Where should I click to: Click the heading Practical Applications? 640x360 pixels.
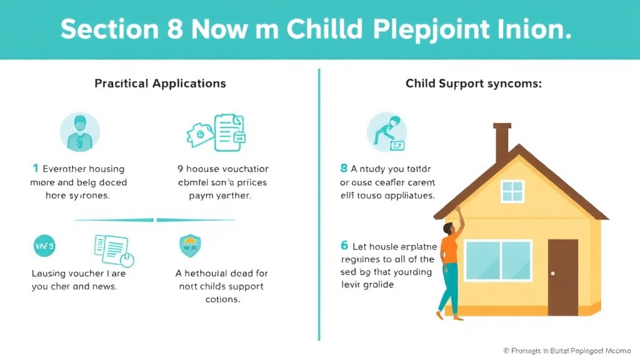160,83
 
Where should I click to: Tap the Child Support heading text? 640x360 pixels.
473,83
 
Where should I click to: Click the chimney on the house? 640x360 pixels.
502,141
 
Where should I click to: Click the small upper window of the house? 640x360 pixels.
512,191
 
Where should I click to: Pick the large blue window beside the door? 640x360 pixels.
497,261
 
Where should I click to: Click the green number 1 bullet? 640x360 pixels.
36,169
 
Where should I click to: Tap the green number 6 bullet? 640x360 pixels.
344,246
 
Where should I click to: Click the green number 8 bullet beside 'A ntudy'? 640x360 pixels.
344,169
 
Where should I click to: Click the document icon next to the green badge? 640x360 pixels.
112,249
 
